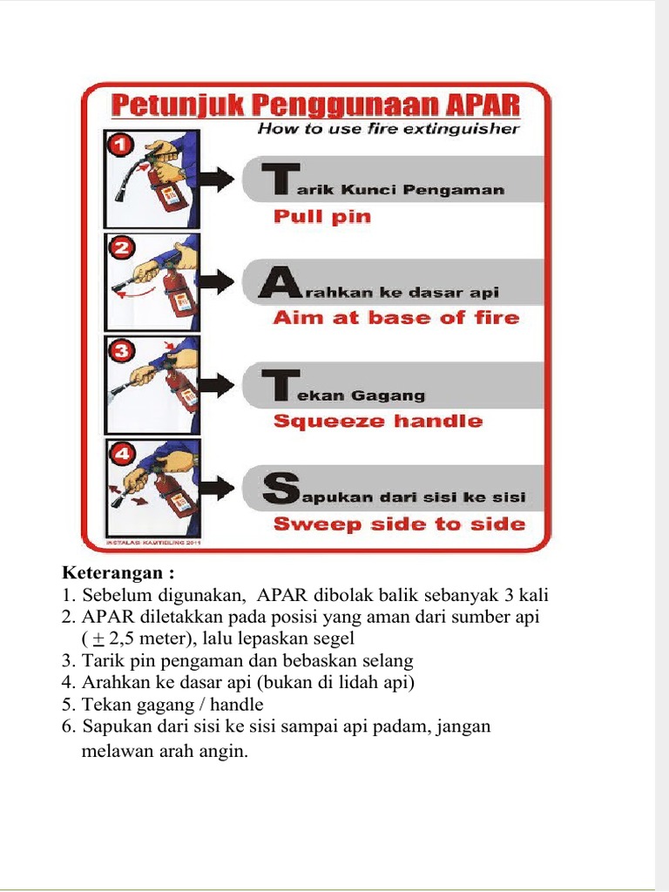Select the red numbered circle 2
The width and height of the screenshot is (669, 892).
pos(121,249)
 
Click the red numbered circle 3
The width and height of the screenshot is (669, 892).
pos(119,352)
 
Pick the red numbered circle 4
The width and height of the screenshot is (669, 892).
pos(119,455)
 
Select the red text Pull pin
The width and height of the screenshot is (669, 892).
pos(322,217)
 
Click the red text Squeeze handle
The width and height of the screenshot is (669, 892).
pos(377,422)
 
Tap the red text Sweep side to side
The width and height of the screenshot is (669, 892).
pos(399,524)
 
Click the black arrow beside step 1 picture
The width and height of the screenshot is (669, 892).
pos(215,179)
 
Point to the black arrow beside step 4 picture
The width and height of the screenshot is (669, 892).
pos(215,487)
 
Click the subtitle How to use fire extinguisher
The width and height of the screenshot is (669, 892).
pos(389,129)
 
